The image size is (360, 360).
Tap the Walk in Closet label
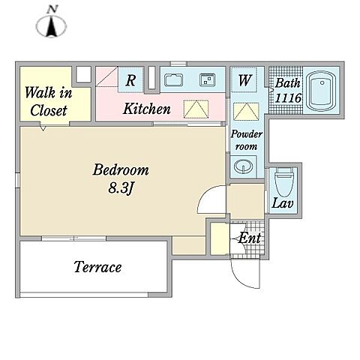coord(49,101)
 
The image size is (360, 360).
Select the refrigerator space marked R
coord(130,80)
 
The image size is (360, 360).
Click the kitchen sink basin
coord(173,80)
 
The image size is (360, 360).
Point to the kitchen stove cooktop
coord(208,80)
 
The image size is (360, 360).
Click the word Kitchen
coord(147,109)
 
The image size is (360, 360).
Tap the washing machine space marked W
coord(244,80)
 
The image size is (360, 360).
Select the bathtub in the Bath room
coord(322,91)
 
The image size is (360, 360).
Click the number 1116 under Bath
coord(288,98)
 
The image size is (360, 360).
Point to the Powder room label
coord(247,140)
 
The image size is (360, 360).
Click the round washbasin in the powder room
coord(243,166)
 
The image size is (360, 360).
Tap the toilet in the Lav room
coord(284,182)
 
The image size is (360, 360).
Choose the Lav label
coord(283,203)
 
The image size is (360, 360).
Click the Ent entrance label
coord(249,238)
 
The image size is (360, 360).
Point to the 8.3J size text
coord(120,187)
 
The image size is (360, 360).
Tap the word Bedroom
coord(121,170)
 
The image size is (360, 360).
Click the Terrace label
coord(97,267)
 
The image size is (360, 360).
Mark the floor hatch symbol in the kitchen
coord(196,109)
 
